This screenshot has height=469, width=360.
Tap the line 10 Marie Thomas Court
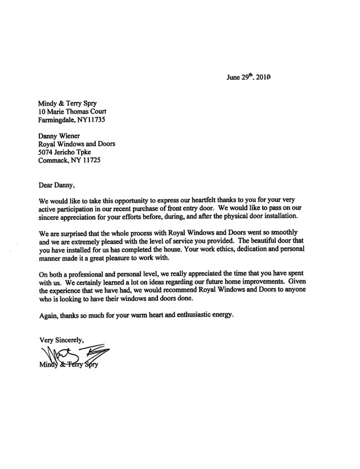click(73, 113)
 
